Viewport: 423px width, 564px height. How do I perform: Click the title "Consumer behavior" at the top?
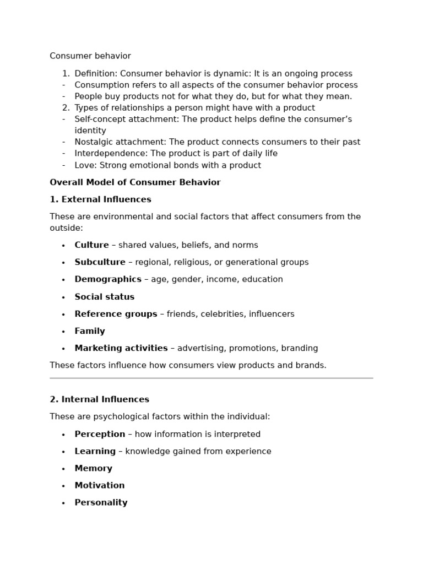[90, 56]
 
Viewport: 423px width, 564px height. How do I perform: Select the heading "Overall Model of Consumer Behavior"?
[135, 182]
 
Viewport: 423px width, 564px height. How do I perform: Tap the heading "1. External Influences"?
[100, 199]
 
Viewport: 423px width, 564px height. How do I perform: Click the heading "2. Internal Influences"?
[99, 399]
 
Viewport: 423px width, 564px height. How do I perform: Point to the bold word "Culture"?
[91, 245]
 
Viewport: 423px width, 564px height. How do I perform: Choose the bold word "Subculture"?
[100, 262]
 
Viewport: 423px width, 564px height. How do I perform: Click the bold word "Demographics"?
[108, 279]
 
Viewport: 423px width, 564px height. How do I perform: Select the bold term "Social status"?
[104, 297]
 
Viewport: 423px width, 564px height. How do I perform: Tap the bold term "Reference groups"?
[116, 314]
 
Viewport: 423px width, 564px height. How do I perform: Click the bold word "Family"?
[90, 331]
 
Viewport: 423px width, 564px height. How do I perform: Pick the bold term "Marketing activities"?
[121, 348]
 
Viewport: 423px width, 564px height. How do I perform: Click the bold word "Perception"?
[100, 434]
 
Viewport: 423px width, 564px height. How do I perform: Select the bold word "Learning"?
[95, 451]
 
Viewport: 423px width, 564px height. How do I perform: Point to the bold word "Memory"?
[93, 468]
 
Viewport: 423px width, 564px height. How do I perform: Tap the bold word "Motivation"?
[100, 485]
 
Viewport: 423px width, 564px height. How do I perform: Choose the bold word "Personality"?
[101, 502]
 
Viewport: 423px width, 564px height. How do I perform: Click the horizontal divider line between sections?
[211, 378]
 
